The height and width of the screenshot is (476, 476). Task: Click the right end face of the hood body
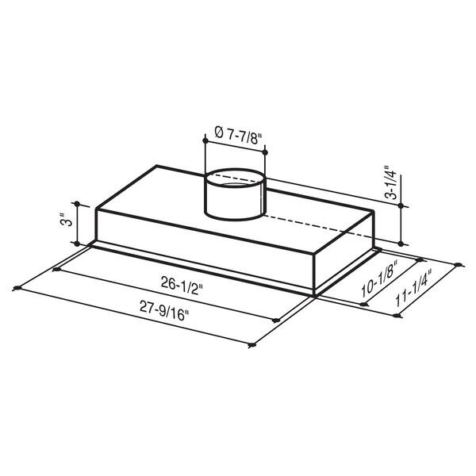(345, 254)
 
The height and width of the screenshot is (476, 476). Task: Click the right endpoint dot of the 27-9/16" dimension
(251, 346)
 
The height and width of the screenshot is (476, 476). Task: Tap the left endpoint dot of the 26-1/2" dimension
(56, 271)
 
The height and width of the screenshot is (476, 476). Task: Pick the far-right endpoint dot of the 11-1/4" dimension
(461, 265)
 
